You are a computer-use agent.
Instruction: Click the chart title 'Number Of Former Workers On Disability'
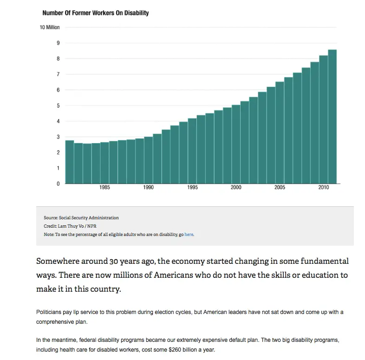click(x=95, y=13)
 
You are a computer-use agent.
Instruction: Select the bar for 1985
click(x=104, y=163)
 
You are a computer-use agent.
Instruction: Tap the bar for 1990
click(x=148, y=160)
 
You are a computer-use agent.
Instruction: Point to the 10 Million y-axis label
click(x=50, y=27)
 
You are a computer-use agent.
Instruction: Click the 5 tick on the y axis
click(x=58, y=105)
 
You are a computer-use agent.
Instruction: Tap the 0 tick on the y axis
click(x=58, y=183)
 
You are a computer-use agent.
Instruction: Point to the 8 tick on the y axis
click(x=58, y=59)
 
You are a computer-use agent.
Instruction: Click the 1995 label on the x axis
click(x=192, y=188)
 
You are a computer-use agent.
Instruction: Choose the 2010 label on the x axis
click(x=324, y=188)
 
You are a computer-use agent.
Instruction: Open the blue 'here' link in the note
click(x=189, y=235)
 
